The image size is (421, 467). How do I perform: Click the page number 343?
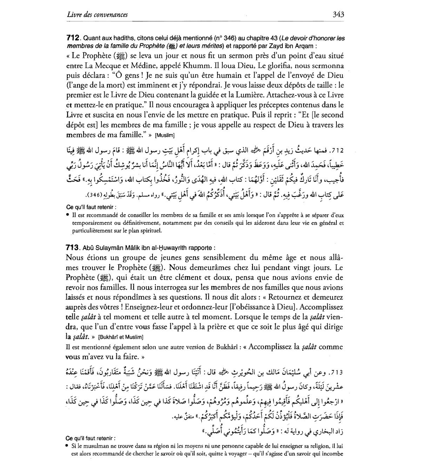tap(337, 14)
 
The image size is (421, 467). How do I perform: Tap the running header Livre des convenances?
tap(97, 14)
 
